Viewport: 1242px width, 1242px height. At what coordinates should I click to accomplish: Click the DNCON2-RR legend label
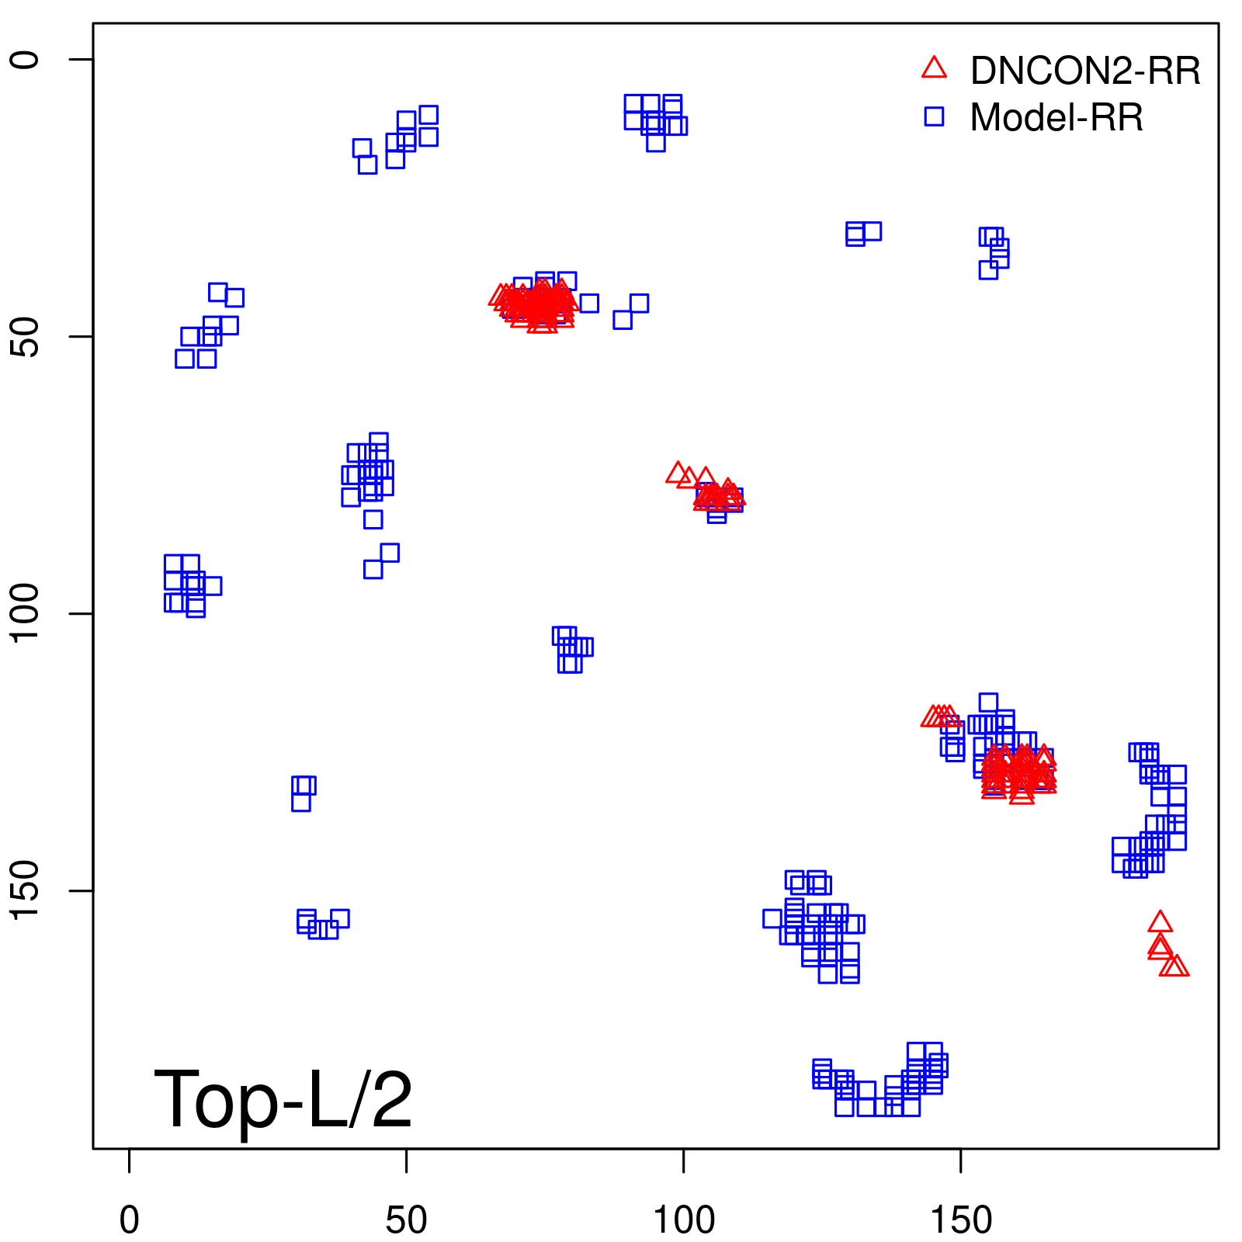(x=1084, y=71)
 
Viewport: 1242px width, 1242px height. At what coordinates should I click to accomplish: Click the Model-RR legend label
(x=1056, y=118)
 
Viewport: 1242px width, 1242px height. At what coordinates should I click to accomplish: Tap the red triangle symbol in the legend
(x=934, y=68)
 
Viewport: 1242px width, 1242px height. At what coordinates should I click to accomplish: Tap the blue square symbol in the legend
(x=934, y=116)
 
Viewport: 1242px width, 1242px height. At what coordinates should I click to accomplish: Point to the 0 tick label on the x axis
(x=130, y=1220)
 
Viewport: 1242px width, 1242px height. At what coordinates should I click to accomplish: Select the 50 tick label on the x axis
(x=406, y=1220)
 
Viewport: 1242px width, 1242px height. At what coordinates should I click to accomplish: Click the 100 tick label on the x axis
(x=683, y=1220)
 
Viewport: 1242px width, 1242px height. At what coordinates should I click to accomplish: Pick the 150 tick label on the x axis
(x=961, y=1220)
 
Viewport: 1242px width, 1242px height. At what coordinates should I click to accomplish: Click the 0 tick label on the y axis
(x=26, y=60)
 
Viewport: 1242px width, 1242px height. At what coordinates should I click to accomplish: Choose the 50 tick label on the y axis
(x=26, y=337)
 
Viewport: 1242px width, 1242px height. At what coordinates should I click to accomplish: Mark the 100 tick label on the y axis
(x=26, y=613)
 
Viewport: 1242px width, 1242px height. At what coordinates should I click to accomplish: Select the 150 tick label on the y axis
(x=26, y=890)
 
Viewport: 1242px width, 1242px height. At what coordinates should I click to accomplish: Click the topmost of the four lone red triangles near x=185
(x=1160, y=922)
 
